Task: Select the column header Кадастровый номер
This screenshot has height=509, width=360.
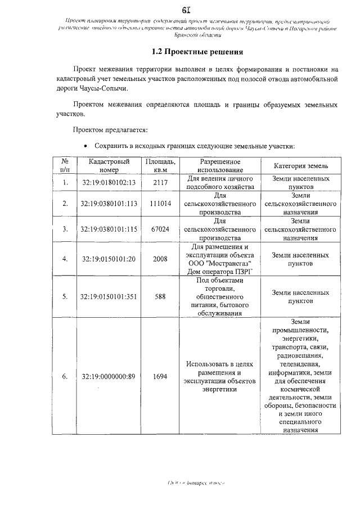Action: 109,165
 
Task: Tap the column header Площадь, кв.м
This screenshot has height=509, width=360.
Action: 160,165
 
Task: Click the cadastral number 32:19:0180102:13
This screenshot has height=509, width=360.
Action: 109,182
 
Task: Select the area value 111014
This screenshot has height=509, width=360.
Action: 160,203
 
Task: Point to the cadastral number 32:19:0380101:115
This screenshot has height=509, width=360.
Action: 109,229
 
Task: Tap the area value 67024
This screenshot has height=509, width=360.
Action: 160,229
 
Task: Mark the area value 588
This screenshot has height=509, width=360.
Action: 160,296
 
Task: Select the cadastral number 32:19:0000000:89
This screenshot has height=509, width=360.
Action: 109,377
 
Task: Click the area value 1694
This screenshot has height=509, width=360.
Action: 160,377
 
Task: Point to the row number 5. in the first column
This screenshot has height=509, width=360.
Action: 65,296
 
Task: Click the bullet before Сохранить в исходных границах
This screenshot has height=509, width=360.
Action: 85,146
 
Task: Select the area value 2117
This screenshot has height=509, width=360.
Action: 160,182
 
